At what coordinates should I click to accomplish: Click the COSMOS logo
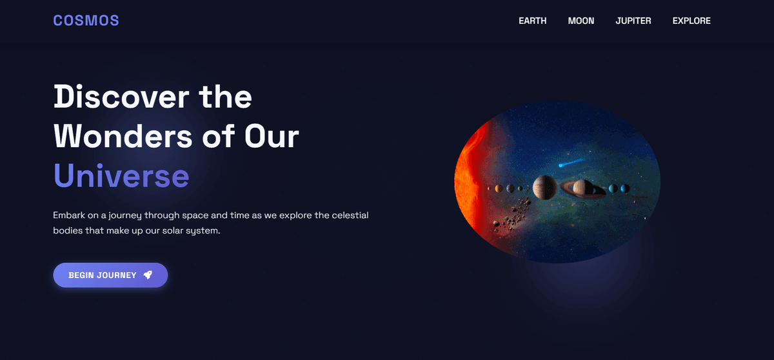click(x=86, y=21)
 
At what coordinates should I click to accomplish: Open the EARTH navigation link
click(x=532, y=21)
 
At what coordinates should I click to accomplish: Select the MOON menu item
click(x=580, y=21)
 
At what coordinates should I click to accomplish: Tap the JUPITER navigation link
click(x=633, y=21)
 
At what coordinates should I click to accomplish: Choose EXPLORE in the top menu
click(x=691, y=21)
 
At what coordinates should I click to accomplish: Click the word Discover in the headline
click(x=121, y=97)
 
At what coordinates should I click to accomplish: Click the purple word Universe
click(x=121, y=175)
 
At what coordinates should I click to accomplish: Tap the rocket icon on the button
click(x=148, y=275)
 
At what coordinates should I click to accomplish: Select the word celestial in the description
click(x=349, y=215)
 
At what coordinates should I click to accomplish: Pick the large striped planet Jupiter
click(x=544, y=188)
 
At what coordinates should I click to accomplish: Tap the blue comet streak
click(x=571, y=161)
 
